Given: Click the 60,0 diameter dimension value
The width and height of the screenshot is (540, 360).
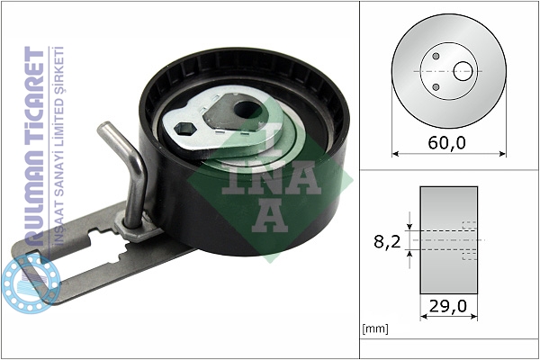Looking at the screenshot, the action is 446,142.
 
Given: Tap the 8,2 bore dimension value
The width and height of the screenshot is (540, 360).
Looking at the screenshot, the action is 387,242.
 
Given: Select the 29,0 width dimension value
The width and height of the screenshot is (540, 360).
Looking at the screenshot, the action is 448,306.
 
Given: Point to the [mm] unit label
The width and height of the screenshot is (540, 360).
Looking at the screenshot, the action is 375,328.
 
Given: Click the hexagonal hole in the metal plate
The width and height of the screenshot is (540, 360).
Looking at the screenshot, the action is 184,129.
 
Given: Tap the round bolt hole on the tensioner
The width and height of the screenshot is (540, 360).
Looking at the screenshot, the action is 247,110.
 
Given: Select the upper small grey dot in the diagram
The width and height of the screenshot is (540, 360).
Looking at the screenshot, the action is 436,56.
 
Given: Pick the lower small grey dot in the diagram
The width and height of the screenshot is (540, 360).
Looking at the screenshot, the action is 436,86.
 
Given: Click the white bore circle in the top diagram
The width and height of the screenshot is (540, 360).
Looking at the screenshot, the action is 463,71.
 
